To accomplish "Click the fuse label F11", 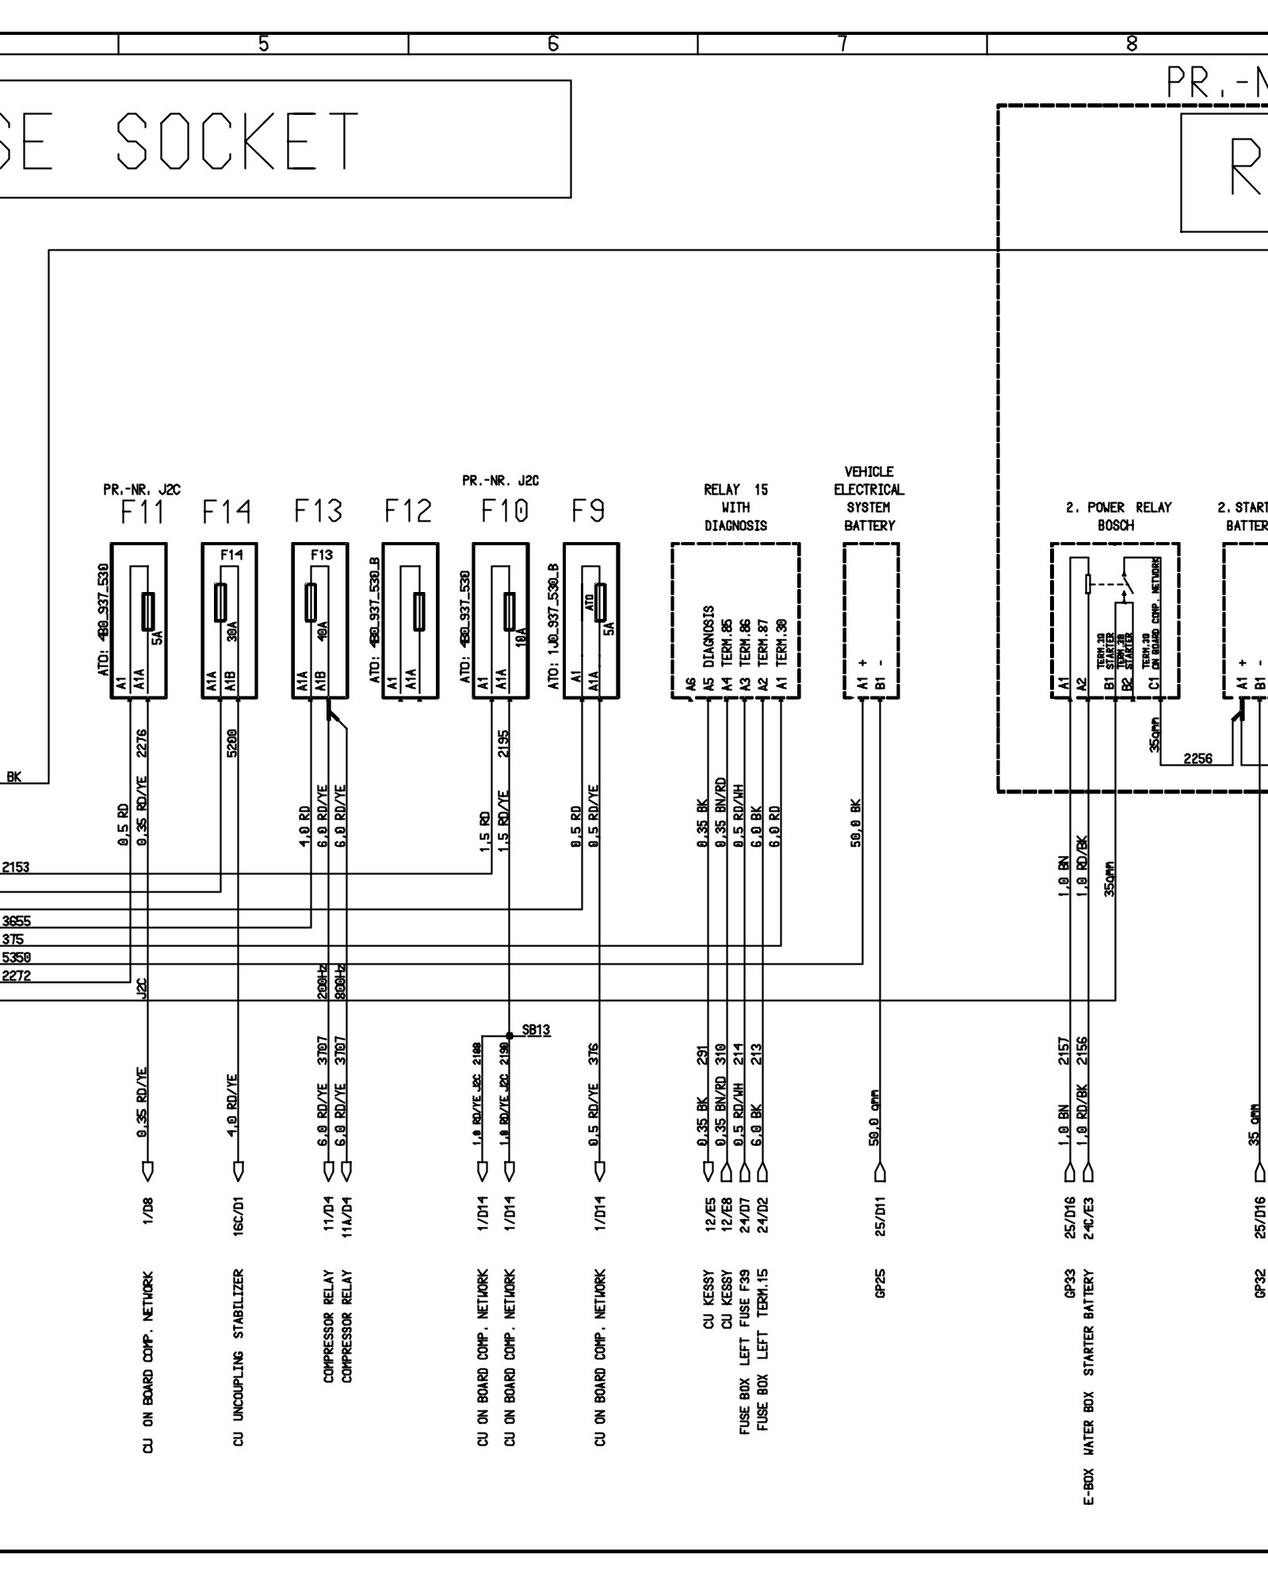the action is tap(144, 512).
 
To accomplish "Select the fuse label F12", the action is tap(409, 512).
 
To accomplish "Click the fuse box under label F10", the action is tap(500, 621).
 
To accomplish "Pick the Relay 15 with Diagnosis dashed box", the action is tap(735, 621).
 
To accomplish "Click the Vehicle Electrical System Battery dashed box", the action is tap(871, 621).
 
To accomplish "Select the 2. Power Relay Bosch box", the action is tap(1114, 621).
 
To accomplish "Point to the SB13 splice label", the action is tap(537, 1030).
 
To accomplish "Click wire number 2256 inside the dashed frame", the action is tap(1197, 758).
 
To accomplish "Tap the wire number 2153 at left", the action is tap(16, 867).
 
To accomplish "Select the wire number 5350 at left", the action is tap(16, 957).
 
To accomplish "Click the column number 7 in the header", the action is tap(842, 44).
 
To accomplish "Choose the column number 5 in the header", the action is tap(263, 44).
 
